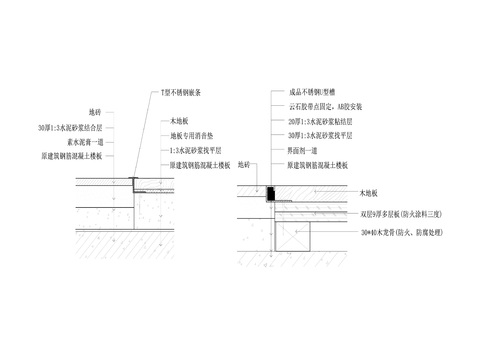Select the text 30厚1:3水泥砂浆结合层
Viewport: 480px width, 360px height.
(x=72, y=128)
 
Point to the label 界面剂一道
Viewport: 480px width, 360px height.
(x=305, y=148)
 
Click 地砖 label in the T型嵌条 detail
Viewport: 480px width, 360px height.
(x=95, y=113)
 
